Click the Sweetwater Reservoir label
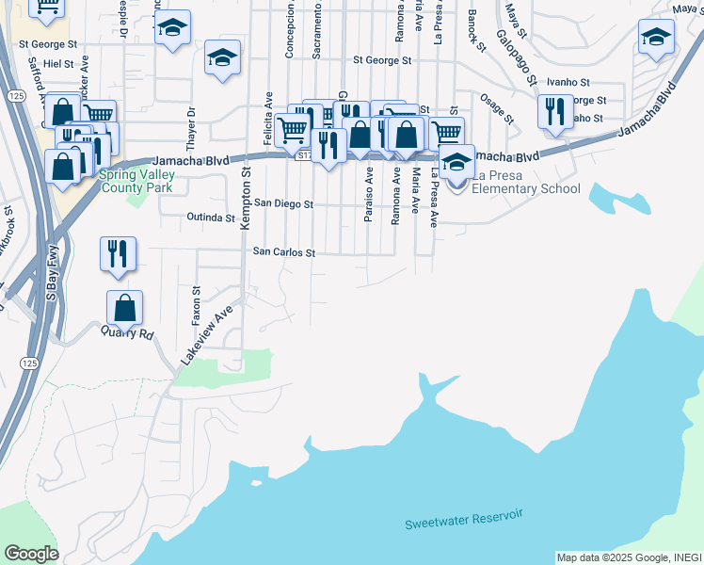463,520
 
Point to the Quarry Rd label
134,333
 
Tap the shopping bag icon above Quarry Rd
124,307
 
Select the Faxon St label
197,306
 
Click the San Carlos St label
282,252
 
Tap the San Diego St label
283,202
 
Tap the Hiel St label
58,63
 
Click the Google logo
31,554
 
